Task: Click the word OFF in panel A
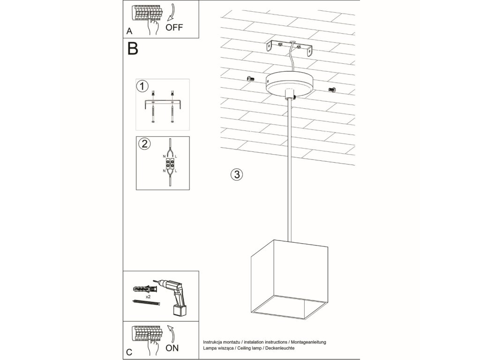(x=174, y=27)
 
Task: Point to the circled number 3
(x=237, y=174)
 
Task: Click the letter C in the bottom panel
(x=129, y=352)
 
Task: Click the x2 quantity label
(x=148, y=297)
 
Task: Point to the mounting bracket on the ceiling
(x=289, y=48)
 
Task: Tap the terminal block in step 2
(x=169, y=164)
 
